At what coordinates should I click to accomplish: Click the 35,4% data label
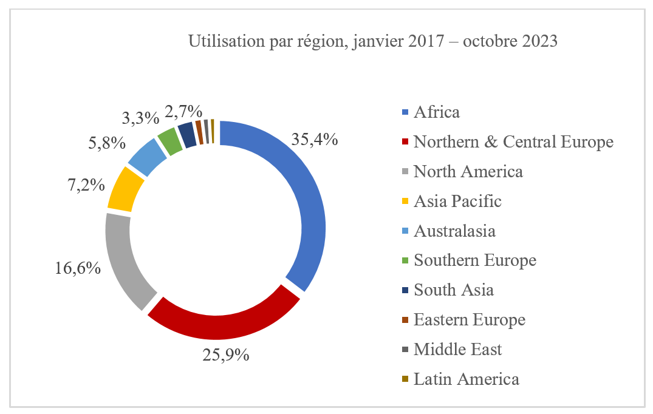(x=315, y=139)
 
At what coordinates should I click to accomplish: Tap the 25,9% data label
(x=225, y=355)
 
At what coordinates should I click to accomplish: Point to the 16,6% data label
(x=78, y=267)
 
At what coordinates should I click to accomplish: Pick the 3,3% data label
(x=141, y=117)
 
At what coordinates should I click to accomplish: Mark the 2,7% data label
(x=183, y=111)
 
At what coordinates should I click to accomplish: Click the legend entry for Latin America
(x=466, y=379)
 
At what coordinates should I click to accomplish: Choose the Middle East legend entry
(x=457, y=350)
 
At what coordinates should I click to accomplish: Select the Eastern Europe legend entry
(x=469, y=320)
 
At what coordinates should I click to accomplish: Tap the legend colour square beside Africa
(x=405, y=112)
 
